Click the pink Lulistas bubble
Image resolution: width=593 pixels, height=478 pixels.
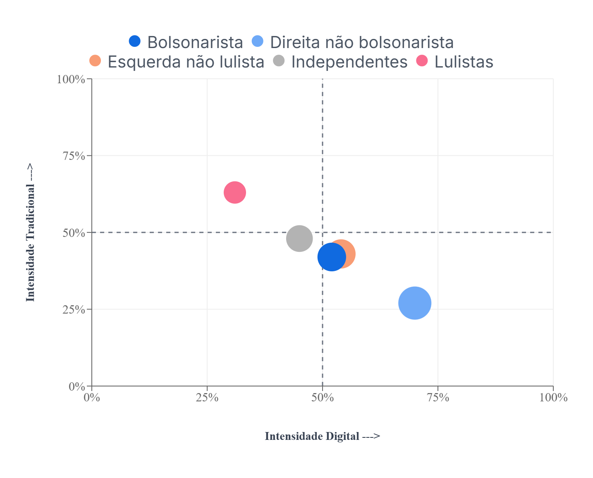[x=235, y=192]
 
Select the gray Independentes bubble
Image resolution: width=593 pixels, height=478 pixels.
[x=299, y=238]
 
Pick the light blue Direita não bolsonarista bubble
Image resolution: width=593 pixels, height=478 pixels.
[x=415, y=303]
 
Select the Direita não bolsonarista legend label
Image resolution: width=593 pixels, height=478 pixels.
[x=362, y=42]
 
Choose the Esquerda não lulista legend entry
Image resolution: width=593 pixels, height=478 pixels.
[x=186, y=62]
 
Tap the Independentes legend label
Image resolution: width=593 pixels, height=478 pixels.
[x=349, y=62]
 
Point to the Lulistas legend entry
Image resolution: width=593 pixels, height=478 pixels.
[x=464, y=62]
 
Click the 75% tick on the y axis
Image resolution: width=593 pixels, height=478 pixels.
[x=74, y=156]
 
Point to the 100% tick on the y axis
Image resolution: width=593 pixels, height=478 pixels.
[x=71, y=79]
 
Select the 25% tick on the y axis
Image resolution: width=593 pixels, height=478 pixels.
[x=74, y=310]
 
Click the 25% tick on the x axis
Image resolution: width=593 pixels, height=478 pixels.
[x=207, y=398]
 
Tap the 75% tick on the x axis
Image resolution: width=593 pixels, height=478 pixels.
[x=438, y=398]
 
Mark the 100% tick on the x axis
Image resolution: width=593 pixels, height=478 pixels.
[x=553, y=398]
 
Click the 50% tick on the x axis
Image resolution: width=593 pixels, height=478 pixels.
[x=323, y=398]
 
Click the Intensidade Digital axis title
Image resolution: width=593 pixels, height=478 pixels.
[x=322, y=436]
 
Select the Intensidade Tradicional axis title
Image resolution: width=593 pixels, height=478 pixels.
[x=31, y=232]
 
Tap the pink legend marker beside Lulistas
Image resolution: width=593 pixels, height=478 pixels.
[x=421, y=60]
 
